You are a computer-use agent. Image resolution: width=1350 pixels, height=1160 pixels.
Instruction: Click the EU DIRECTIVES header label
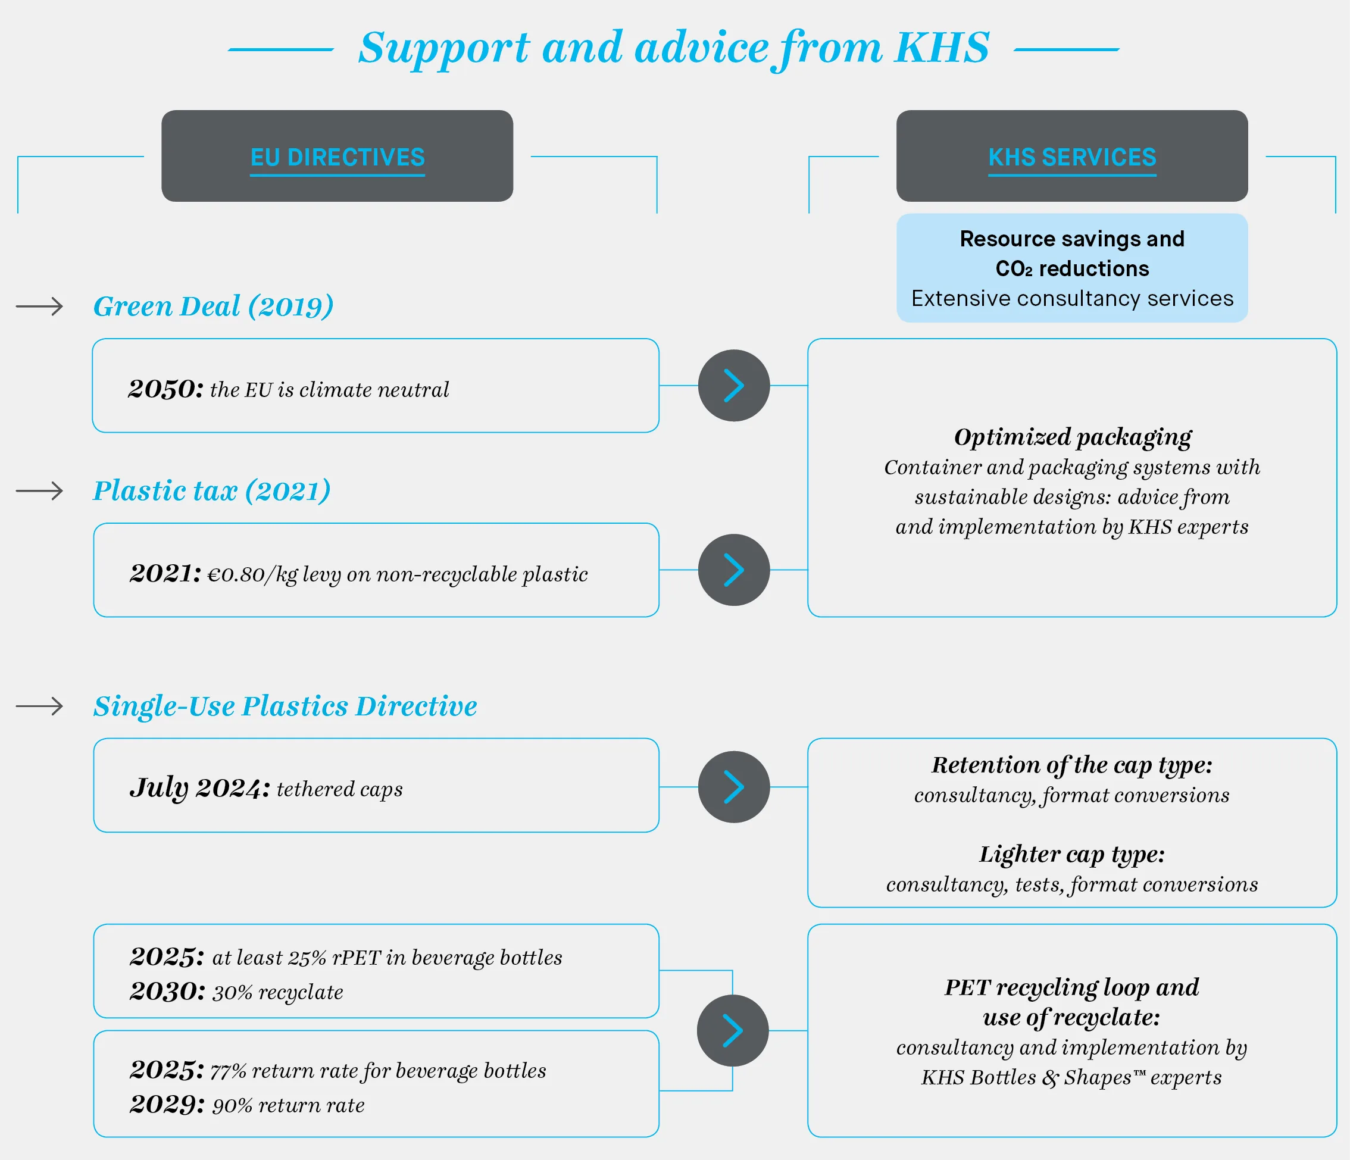pos(337,157)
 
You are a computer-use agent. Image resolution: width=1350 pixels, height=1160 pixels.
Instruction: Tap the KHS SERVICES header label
pos(1073,157)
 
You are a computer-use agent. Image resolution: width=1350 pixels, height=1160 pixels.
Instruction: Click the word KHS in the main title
pos(942,48)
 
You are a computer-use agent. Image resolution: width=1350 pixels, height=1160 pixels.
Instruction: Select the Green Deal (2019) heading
pos(213,306)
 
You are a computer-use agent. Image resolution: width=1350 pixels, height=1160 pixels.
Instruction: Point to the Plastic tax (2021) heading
pos(212,490)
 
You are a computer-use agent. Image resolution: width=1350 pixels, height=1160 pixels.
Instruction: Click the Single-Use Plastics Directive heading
pos(285,706)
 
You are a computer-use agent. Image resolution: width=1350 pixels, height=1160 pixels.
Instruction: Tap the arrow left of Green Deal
pos(40,306)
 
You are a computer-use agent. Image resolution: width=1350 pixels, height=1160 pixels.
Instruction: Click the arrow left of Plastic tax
pos(40,490)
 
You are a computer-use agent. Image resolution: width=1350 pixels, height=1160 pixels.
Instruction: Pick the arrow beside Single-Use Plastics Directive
pos(40,706)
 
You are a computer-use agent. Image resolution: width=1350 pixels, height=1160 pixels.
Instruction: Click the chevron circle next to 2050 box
pos(734,386)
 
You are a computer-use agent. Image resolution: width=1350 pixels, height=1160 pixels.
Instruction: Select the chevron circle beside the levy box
pos(734,570)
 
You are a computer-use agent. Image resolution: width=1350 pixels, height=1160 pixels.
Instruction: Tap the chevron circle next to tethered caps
pos(734,787)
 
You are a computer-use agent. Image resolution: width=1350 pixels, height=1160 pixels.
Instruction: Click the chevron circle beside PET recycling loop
pos(733,1030)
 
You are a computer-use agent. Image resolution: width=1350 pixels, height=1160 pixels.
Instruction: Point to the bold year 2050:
pos(166,389)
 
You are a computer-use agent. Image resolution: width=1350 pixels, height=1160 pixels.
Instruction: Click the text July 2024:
pos(200,788)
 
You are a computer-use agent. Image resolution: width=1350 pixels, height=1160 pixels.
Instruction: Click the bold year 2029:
pos(167,1105)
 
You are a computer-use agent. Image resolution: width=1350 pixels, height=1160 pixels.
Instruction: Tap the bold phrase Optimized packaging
pos(1073,437)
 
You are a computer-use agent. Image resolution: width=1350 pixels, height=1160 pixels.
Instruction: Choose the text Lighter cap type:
pos(1072,855)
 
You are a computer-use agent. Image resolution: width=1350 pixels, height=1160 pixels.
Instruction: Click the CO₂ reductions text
pos(1073,268)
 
